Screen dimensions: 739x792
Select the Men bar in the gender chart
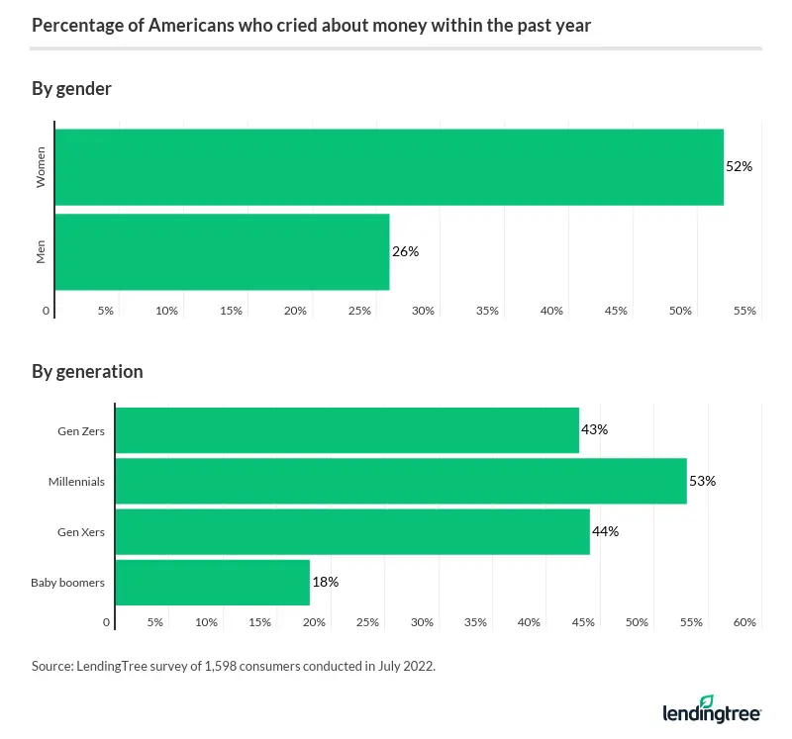(x=222, y=251)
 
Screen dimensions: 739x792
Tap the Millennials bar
(x=401, y=481)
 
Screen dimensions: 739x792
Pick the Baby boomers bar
(x=213, y=582)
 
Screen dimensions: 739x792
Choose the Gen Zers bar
(x=347, y=430)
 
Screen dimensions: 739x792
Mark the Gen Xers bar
(x=352, y=531)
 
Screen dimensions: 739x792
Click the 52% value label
(x=739, y=167)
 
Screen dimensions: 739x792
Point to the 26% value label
(x=405, y=251)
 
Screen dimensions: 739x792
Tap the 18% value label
(x=325, y=582)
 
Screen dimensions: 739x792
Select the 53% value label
(x=702, y=481)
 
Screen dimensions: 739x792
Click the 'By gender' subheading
(x=71, y=89)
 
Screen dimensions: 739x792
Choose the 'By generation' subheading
(x=87, y=372)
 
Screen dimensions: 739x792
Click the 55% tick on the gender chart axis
(x=744, y=311)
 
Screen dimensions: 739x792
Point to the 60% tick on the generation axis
(x=744, y=622)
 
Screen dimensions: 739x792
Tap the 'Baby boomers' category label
(x=67, y=582)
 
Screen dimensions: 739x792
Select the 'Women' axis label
(x=42, y=167)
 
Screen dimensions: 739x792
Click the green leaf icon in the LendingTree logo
(x=706, y=700)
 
